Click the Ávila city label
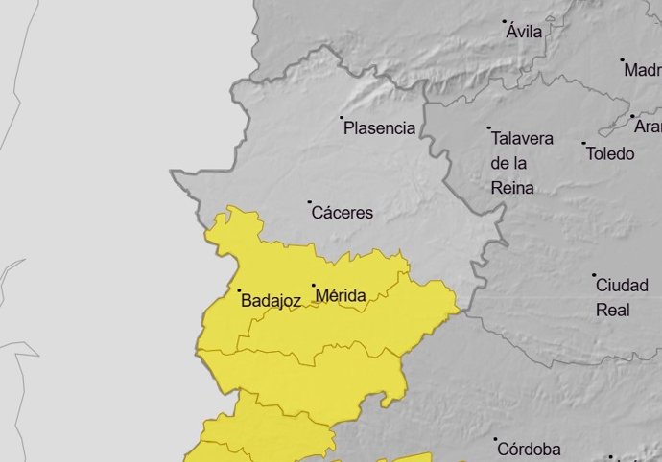[x=525, y=32]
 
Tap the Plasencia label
[x=380, y=128]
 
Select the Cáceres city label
[x=343, y=213]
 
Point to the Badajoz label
[x=272, y=301]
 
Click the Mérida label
[x=341, y=296]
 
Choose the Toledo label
[x=610, y=154]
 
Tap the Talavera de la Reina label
[x=521, y=163]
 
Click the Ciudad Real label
[x=614, y=297]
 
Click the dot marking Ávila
[x=505, y=20]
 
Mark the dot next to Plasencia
[x=342, y=118]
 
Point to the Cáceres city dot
[x=309, y=202]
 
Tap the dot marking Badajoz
[x=239, y=289]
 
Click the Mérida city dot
[x=313, y=285]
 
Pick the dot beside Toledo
[x=583, y=144]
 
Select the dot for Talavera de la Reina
[x=488, y=127]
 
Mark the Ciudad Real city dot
[x=593, y=275]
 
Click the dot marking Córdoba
[x=496, y=439]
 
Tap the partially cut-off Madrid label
[x=643, y=70]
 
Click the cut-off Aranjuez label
[x=648, y=127]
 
